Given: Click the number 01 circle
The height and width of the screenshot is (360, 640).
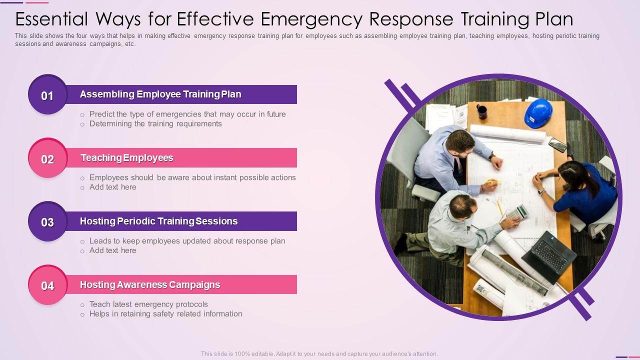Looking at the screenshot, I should [x=47, y=95].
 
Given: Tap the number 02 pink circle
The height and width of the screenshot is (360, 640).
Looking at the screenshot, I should [x=47, y=158].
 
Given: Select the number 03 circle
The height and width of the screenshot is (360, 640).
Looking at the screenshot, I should [x=47, y=222].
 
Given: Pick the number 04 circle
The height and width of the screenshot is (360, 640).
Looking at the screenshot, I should [x=47, y=285].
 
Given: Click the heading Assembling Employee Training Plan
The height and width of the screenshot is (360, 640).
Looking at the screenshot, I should [x=160, y=94].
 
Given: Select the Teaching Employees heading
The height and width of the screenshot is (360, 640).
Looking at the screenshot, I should [x=127, y=157].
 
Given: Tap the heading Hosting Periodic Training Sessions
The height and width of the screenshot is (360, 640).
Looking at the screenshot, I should [x=158, y=221].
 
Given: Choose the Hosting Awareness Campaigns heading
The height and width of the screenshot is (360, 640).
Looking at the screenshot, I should [x=150, y=284].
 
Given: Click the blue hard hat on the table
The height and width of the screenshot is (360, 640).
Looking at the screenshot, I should [x=538, y=113].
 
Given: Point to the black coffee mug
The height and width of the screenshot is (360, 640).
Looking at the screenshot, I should [x=482, y=111].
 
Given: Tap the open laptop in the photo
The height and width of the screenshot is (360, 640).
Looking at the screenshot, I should [x=548, y=254].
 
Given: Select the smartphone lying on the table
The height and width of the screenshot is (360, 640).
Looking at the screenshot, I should [x=557, y=145].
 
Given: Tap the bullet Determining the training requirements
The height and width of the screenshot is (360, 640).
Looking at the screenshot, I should [x=155, y=123].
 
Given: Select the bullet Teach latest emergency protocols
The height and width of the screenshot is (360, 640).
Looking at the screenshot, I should [x=148, y=304].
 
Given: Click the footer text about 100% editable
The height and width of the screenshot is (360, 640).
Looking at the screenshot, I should [x=319, y=353].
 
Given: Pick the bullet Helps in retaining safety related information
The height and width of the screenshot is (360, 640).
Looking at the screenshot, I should [x=165, y=313].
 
